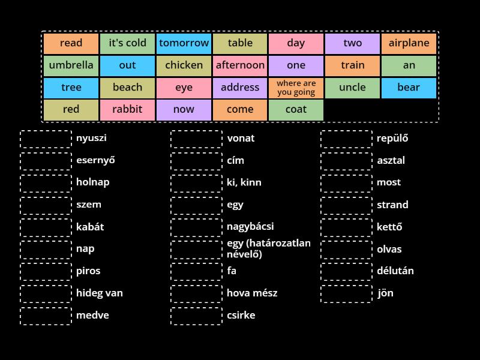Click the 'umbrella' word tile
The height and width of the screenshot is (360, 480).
point(71,65)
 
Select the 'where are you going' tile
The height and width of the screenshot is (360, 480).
point(296,88)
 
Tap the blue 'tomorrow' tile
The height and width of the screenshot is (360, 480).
point(184,43)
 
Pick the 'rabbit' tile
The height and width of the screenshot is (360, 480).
point(127,110)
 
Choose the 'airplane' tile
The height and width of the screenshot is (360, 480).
point(409,43)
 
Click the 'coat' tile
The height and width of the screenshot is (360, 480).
point(296,110)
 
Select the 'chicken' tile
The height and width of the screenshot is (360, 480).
point(184,65)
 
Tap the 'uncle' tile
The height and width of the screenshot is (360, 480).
point(352,88)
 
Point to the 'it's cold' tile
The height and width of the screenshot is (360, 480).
point(127,43)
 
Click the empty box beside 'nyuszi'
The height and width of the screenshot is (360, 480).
point(46,139)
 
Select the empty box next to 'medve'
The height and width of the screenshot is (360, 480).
point(46,316)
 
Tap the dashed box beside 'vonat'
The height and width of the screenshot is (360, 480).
point(196,139)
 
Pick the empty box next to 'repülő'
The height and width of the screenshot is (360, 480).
point(346,139)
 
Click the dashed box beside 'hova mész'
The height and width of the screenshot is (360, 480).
point(196,293)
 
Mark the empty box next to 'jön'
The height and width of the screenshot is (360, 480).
point(346,293)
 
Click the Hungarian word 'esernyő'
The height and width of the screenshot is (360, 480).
point(95,160)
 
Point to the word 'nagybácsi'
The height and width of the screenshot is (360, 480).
point(250,227)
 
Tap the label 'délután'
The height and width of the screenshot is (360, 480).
point(395,271)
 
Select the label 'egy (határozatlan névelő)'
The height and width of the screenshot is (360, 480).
point(268,248)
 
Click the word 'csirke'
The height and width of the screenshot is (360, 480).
point(241,316)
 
